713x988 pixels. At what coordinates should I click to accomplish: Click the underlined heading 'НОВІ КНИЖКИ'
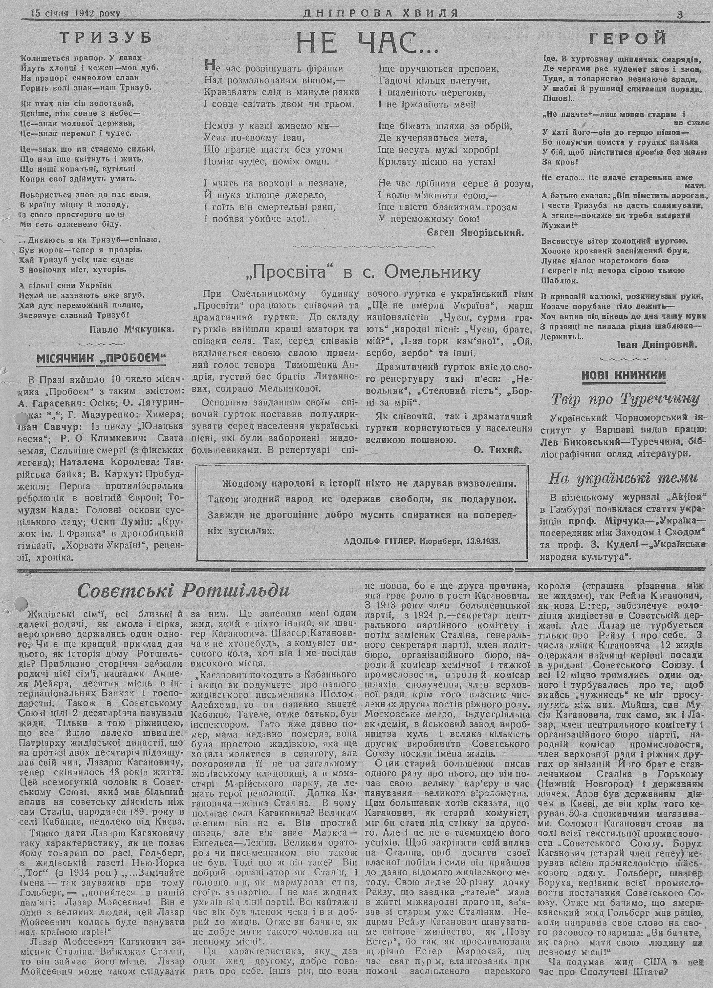click(624, 375)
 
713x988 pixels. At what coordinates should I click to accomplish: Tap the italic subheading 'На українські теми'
click(623, 478)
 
